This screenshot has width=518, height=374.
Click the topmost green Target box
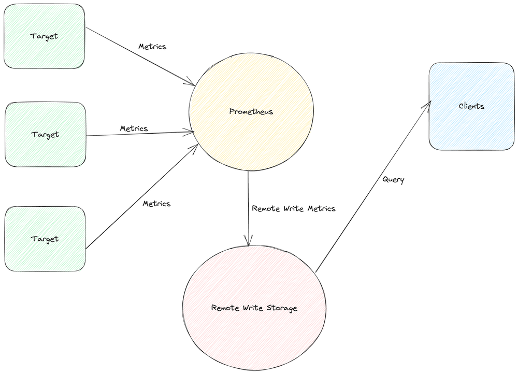tap(44, 36)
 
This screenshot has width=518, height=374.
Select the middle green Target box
tap(45, 134)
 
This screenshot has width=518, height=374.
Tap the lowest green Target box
tap(45, 239)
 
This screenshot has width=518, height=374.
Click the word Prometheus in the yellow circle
tap(251, 112)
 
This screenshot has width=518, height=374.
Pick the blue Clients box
tap(471, 106)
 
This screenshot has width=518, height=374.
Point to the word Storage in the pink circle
tap(282, 308)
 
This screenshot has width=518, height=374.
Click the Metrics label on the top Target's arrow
tap(152, 47)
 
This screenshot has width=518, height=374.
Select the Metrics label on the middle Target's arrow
tap(134, 128)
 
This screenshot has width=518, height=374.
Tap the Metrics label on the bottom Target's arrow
tap(156, 204)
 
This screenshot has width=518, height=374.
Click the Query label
tap(393, 180)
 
